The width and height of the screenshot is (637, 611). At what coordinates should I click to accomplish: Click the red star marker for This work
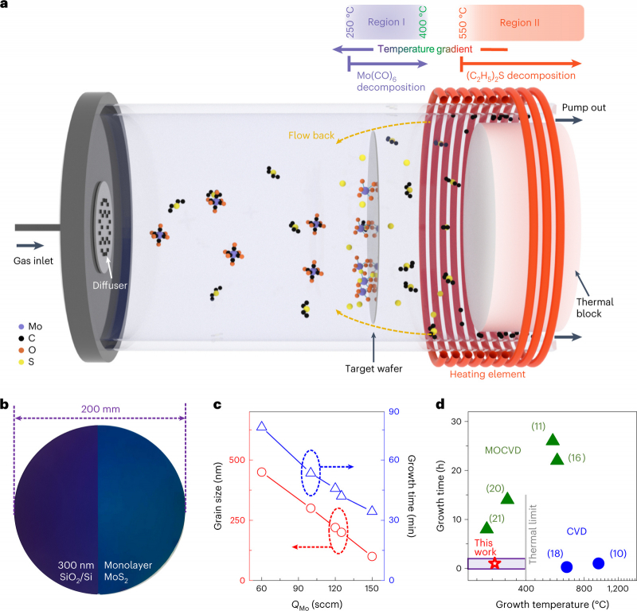click(494, 563)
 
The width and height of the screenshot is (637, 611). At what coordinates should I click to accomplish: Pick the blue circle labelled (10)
click(599, 563)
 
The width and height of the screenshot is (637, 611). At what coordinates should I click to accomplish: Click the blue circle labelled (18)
click(567, 567)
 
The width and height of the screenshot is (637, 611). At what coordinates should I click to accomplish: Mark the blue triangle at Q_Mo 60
click(261, 426)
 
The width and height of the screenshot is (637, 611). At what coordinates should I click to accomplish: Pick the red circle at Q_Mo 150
click(372, 556)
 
